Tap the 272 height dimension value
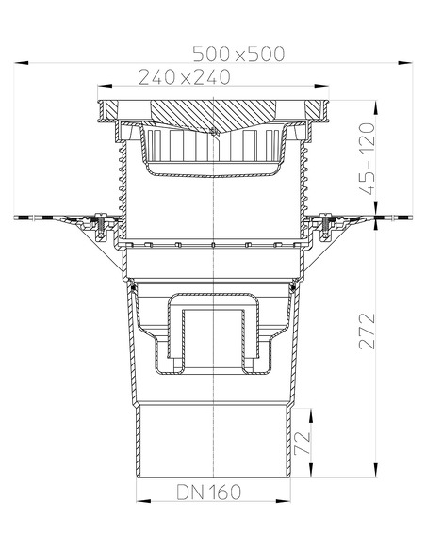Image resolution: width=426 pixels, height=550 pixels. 370,331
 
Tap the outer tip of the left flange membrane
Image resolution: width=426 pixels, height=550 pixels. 19,219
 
